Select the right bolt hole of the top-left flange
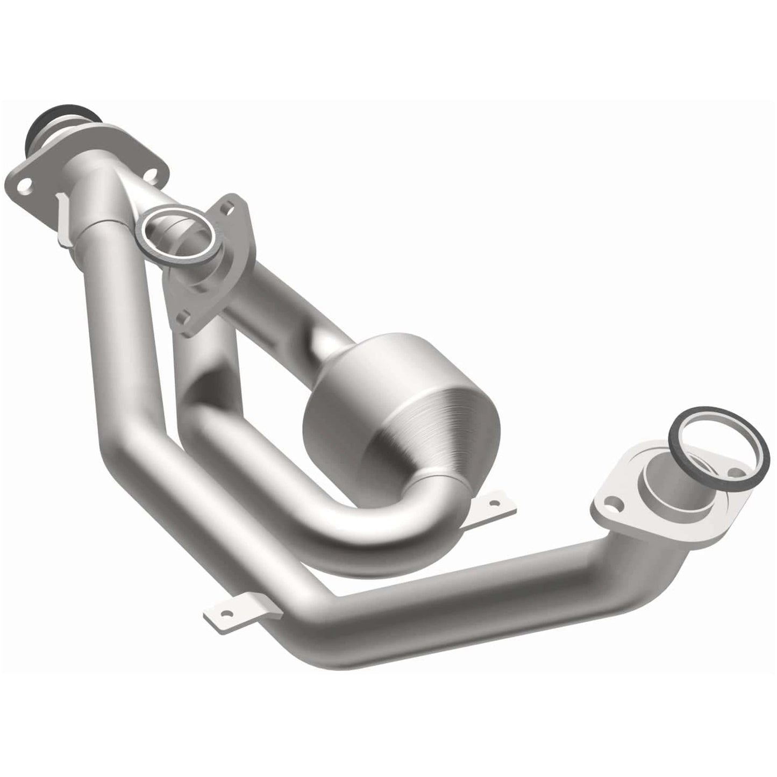(x=153, y=174)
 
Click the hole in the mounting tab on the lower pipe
(x=230, y=612)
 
